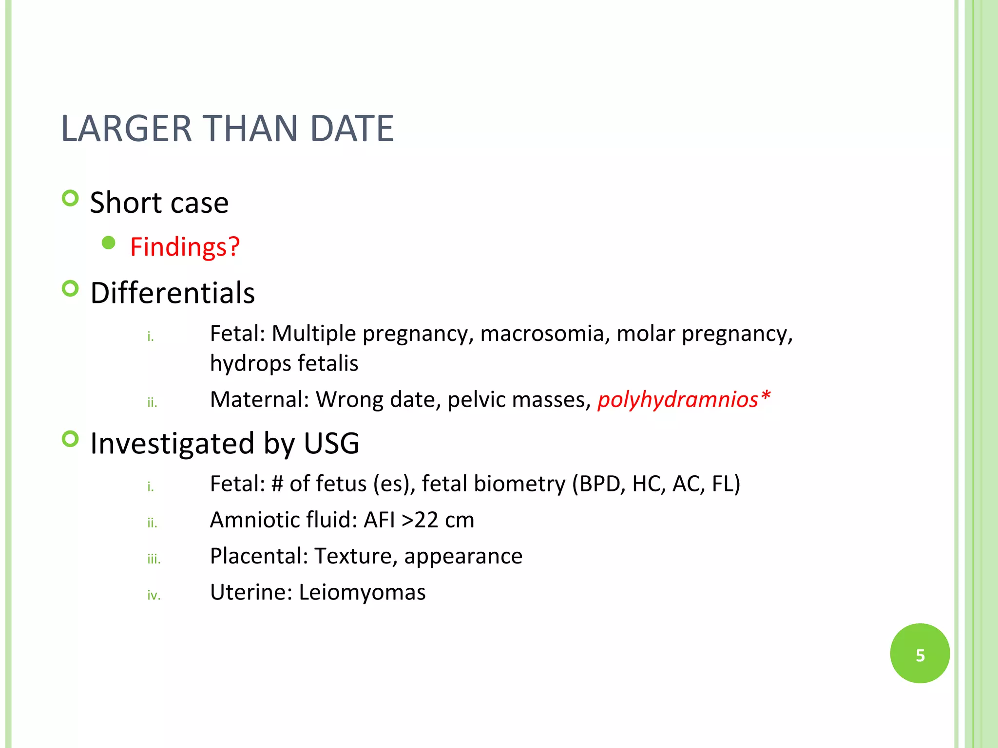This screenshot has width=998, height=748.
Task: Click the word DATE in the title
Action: pos(351,129)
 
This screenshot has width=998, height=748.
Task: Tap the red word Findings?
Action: pos(185,246)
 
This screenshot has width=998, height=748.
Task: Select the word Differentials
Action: pos(173,293)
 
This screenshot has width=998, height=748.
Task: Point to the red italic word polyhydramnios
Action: pos(678,399)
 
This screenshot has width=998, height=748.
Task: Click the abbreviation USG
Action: pos(331,443)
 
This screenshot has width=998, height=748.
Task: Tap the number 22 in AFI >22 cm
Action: pos(426,520)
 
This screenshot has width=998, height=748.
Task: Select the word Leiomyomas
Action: pos(362,592)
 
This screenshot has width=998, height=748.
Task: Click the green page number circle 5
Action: pos(920,654)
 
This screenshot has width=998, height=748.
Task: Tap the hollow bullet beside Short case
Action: pos(71,198)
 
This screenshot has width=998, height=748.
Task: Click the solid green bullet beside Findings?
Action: pos(109,243)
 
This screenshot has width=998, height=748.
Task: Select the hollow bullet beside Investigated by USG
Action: pos(71,439)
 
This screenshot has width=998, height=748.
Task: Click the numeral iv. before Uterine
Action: pos(154,595)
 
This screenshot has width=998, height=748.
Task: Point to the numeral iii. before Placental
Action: pos(154,559)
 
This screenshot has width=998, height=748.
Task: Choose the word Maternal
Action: pos(259,399)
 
